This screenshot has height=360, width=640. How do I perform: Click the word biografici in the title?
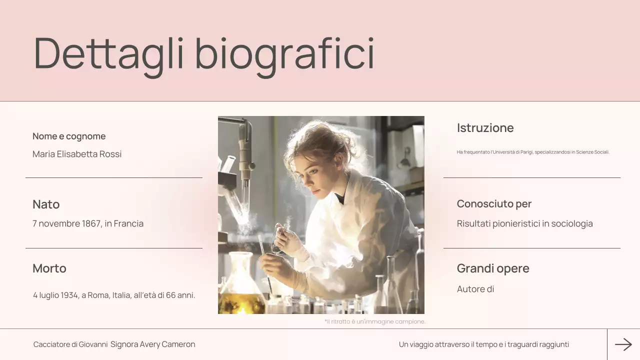(x=284, y=53)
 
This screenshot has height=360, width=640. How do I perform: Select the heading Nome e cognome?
(x=69, y=136)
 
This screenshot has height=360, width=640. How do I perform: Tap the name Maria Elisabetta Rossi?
(x=77, y=154)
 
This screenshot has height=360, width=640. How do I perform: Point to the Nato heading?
(x=46, y=204)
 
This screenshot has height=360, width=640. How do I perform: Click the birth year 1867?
(x=91, y=223)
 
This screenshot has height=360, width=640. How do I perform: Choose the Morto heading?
(x=49, y=268)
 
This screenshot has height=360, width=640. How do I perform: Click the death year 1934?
(x=70, y=295)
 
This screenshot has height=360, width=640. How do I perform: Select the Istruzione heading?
(x=485, y=128)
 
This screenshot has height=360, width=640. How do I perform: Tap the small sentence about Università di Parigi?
(x=533, y=152)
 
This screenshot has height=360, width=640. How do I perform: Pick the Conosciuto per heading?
(x=494, y=204)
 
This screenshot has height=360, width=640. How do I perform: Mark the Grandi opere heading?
(x=493, y=268)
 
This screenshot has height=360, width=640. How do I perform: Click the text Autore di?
(x=475, y=289)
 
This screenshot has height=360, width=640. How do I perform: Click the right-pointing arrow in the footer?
(x=623, y=344)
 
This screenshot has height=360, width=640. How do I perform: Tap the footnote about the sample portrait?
(x=375, y=321)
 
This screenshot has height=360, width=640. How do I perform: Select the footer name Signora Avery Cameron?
(x=153, y=344)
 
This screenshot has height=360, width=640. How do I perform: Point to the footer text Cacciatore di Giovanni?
(x=70, y=344)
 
